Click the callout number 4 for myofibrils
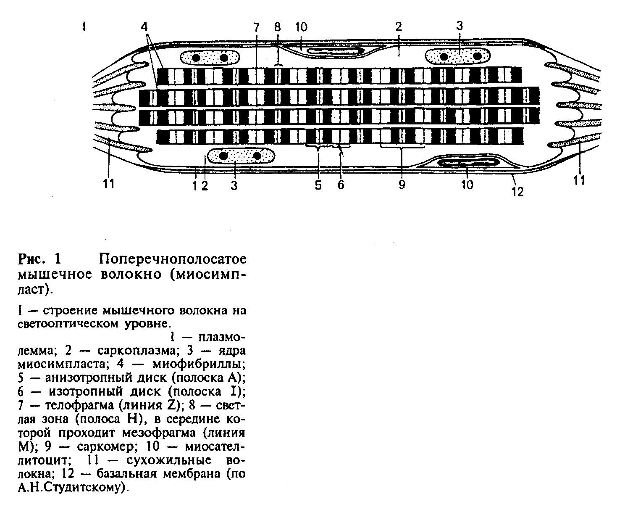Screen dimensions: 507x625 click(x=144, y=26)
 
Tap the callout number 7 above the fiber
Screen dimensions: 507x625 click(x=256, y=27)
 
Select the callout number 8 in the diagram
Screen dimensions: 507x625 click(x=277, y=27)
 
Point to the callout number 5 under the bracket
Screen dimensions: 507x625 click(x=318, y=185)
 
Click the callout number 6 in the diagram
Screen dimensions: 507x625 click(x=341, y=185)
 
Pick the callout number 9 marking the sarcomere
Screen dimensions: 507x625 click(x=402, y=185)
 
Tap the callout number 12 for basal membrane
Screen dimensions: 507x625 click(x=518, y=192)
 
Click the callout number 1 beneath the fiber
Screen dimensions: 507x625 click(x=194, y=185)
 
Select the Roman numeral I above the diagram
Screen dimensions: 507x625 click(x=84, y=27)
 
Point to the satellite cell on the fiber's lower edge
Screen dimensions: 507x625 click(x=467, y=162)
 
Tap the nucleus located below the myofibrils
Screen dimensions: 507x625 click(x=240, y=156)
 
